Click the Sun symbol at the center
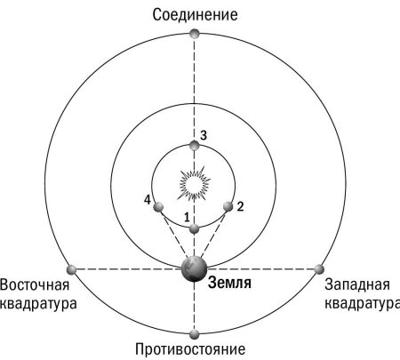point(195,184)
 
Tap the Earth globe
point(194,268)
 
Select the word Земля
point(229,283)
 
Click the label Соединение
point(195,15)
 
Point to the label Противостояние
point(190,349)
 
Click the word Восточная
point(35,284)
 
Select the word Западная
point(357,284)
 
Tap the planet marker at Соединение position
point(195,34)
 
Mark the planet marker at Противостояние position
point(194,334)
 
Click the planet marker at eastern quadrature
point(72,270)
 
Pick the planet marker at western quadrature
point(319,269)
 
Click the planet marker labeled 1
point(194,228)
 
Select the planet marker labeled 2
point(228,206)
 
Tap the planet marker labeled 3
point(195,146)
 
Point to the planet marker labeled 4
point(158,207)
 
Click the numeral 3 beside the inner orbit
point(204,136)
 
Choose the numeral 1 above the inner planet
point(187,218)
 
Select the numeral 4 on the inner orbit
point(148,200)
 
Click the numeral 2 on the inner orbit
point(240,206)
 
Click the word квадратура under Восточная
point(38,304)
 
